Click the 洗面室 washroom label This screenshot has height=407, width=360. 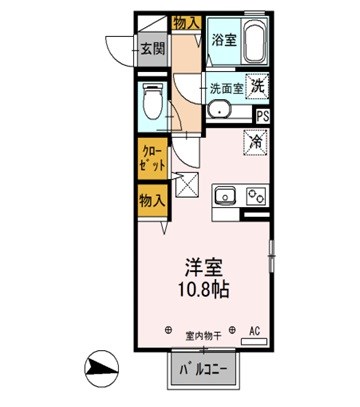[225, 87]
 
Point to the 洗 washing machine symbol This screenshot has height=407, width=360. [257, 87]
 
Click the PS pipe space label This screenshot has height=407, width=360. [262, 115]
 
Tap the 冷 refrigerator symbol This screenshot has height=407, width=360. [255, 141]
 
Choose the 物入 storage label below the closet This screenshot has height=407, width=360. [152, 201]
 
